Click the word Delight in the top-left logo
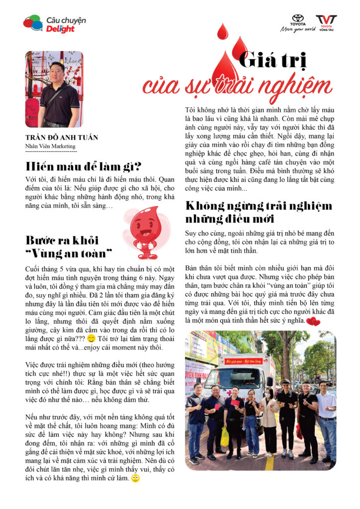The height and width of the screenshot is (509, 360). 60,29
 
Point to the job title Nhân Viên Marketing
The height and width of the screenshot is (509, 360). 51,146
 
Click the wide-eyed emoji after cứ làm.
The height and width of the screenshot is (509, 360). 135,478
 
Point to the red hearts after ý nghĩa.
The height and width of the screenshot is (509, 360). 313,322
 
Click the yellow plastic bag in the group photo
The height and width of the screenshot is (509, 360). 225,437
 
